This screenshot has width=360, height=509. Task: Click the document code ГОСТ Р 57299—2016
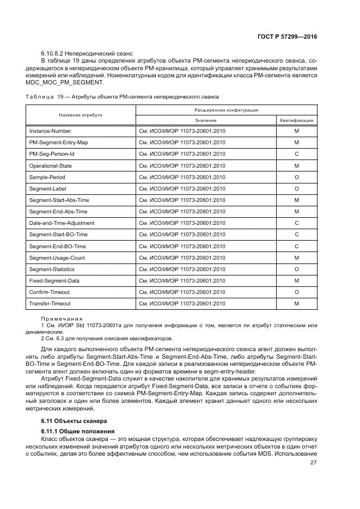(287, 37)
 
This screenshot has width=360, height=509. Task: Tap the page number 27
(313, 463)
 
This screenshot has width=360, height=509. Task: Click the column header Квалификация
(296, 120)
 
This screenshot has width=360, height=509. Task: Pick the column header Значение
(205, 120)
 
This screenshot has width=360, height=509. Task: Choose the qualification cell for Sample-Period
(296, 177)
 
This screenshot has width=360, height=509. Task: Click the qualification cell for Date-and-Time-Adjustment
(296, 223)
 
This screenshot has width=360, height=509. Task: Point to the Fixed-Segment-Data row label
(54, 280)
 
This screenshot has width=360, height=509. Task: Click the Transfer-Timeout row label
(50, 303)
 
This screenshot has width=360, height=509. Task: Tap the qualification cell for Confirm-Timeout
(296, 292)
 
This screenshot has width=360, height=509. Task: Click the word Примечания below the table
(62, 318)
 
